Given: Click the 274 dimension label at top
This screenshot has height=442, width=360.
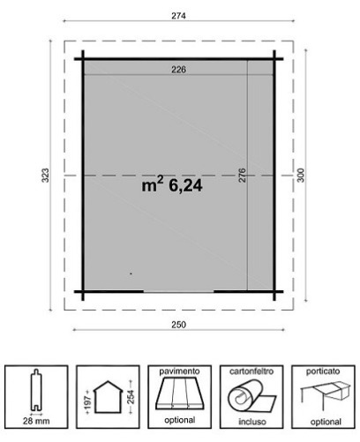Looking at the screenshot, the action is [179, 16].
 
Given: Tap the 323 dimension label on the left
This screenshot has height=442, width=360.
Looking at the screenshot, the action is [45, 176].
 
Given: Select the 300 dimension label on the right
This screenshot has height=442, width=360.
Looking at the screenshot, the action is [300, 176].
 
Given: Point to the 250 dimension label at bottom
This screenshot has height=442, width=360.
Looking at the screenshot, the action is [179, 325].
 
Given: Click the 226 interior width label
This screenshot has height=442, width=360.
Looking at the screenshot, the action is [179, 70].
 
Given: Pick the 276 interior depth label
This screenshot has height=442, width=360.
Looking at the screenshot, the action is [242, 176].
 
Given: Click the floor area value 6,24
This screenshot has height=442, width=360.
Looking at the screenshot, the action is [185, 186].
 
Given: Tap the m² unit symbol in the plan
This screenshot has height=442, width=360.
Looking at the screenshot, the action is [153, 184].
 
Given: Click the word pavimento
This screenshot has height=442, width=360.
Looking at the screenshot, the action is [179, 371].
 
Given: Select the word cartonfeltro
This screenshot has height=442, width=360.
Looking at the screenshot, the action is [251, 371].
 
